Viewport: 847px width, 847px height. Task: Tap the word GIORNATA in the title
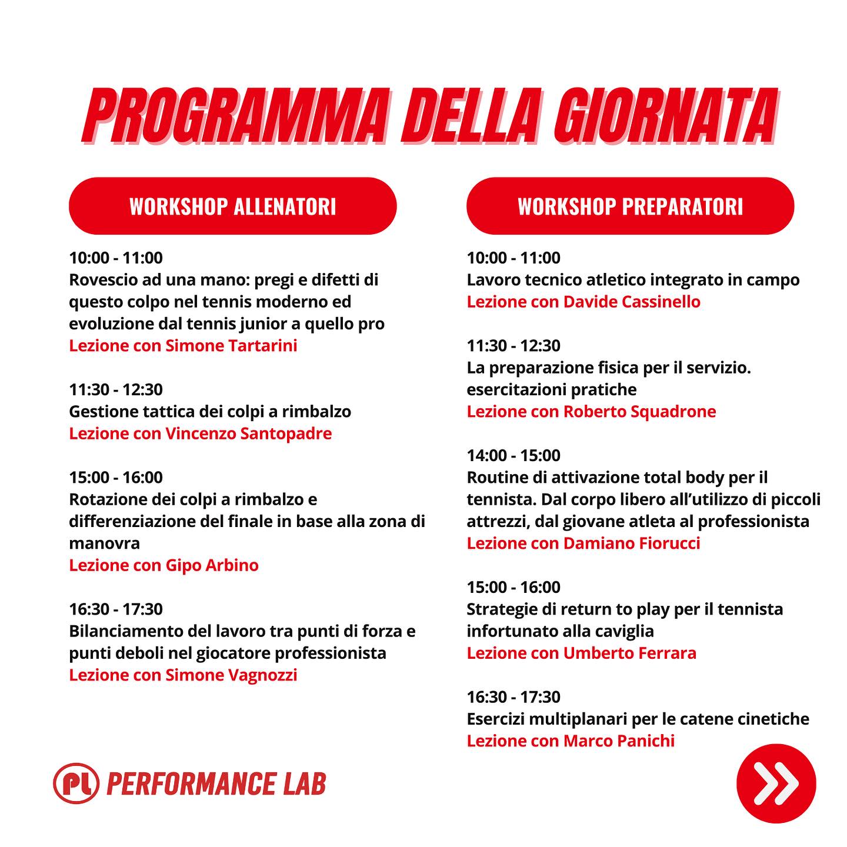pyautogui.click(x=665, y=116)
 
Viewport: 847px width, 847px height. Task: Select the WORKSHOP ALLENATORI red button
pyautogui.click(x=232, y=206)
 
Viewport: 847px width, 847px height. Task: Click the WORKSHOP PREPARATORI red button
pyautogui.click(x=630, y=206)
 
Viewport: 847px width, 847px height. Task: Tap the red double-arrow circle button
pyautogui.click(x=776, y=783)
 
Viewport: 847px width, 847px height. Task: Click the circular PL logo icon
pyautogui.click(x=76, y=783)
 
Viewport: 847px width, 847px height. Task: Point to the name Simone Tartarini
pyautogui.click(x=231, y=345)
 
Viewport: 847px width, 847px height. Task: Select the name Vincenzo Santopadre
pyautogui.click(x=248, y=433)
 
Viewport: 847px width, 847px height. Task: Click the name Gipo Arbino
pyautogui.click(x=212, y=565)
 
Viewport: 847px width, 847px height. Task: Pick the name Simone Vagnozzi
pyautogui.click(x=231, y=675)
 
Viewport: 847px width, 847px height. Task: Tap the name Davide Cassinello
pyautogui.click(x=632, y=302)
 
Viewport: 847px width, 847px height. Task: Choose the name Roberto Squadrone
pyautogui.click(x=639, y=411)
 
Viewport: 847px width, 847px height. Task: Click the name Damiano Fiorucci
pyautogui.click(x=632, y=543)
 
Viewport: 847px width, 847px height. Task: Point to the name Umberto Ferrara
pyautogui.click(x=630, y=653)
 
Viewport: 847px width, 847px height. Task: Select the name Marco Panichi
pyautogui.click(x=619, y=741)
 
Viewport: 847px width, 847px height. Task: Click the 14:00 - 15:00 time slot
pyautogui.click(x=513, y=455)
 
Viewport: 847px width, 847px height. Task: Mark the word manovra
pyautogui.click(x=105, y=544)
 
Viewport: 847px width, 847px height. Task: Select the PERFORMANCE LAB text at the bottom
pyautogui.click(x=216, y=783)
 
